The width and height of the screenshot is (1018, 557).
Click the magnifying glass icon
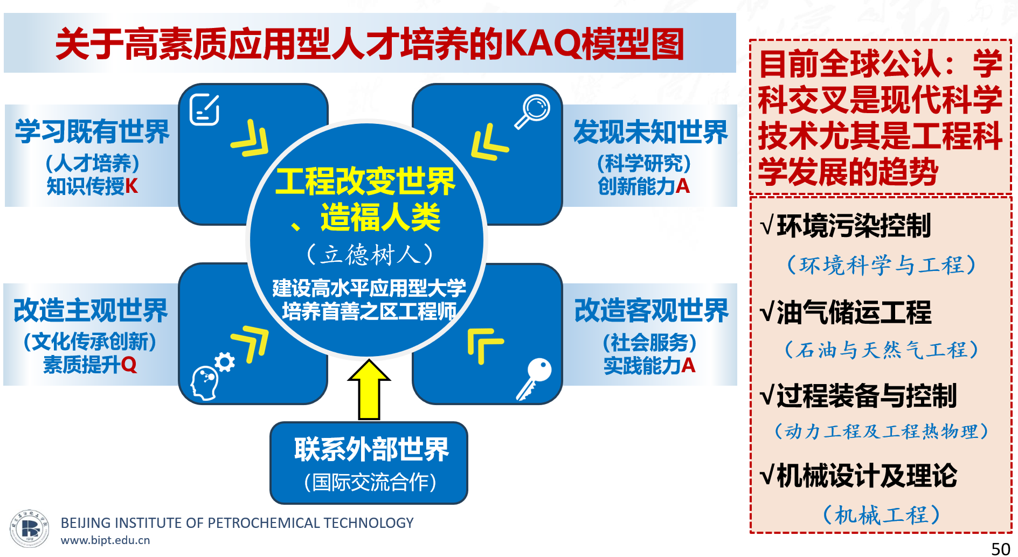click(532, 112)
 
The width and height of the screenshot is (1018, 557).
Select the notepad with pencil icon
click(205, 109)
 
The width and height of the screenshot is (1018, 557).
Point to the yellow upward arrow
click(369, 389)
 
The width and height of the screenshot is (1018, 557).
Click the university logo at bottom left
click(29, 528)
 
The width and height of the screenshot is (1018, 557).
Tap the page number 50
click(1001, 548)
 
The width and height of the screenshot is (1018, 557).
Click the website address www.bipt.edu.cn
click(105, 540)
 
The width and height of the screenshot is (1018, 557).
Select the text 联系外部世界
click(371, 449)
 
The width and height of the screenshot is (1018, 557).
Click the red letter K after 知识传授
click(131, 186)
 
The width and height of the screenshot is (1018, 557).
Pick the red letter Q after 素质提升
click(129, 365)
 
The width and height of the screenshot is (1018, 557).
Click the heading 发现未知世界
click(650, 132)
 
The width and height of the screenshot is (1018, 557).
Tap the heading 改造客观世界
click(652, 311)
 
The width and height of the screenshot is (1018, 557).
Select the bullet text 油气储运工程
click(854, 312)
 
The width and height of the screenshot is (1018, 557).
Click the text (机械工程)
click(881, 515)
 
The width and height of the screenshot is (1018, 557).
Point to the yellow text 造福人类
click(380, 218)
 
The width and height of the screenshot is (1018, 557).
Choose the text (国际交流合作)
click(370, 482)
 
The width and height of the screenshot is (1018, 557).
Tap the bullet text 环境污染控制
click(854, 226)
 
